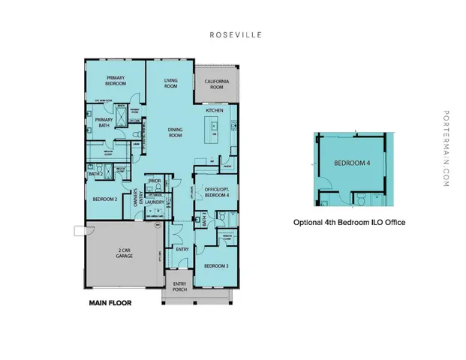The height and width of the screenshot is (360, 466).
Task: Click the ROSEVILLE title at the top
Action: (x=233, y=34)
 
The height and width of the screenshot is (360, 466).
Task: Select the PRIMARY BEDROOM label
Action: (x=115, y=81)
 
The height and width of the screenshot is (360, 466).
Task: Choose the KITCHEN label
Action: (x=215, y=111)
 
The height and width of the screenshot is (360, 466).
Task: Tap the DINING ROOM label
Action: (x=175, y=132)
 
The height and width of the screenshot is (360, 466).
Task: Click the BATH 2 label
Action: (x=95, y=174)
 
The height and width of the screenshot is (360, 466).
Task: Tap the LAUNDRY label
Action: (x=155, y=202)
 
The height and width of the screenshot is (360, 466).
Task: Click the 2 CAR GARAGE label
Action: (x=125, y=253)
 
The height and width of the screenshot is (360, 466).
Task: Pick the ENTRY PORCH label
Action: (x=178, y=286)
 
